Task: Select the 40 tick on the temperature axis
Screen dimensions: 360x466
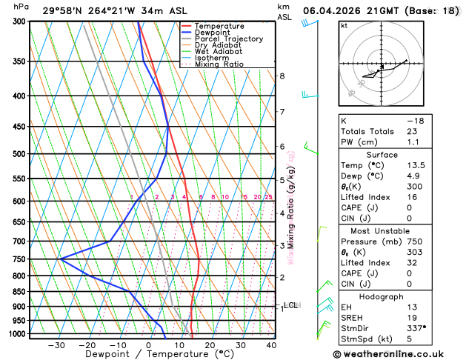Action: [271, 345]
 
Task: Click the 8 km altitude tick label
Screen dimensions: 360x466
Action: [282, 76]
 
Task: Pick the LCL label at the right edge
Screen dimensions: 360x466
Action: [290, 304]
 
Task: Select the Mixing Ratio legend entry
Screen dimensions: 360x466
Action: [219, 64]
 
